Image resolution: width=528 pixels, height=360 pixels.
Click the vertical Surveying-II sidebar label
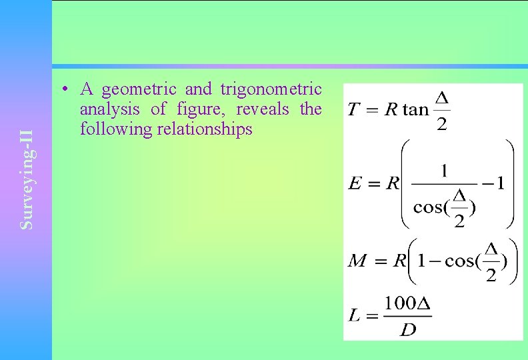pos(27,180)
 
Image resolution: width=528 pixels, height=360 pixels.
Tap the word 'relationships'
pos(205,129)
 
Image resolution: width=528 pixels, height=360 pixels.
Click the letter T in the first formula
pos(355,109)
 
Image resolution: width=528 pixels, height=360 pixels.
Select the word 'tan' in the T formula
pos(415,109)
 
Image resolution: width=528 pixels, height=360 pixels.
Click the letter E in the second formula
pos(355,184)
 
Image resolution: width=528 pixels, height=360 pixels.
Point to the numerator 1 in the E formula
pos(444,170)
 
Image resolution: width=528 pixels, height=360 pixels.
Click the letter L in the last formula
pos(355,315)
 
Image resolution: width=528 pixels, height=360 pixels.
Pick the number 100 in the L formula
pos(400,303)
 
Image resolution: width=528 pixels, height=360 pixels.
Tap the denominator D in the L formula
pos(408,329)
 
